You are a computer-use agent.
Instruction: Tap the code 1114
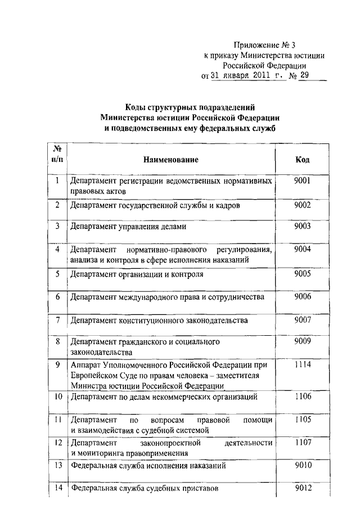point(302,364)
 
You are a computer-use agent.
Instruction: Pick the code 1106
point(302,397)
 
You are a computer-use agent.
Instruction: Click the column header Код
point(302,160)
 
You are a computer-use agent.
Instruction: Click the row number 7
point(57,320)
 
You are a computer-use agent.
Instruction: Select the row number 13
point(57,465)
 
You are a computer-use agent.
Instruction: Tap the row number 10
point(57,397)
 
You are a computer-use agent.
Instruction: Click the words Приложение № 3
point(264,44)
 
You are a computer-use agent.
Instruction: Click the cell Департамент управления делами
point(128,227)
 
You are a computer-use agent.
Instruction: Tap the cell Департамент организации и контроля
point(137,275)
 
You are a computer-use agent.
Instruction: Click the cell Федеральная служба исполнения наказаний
point(148,466)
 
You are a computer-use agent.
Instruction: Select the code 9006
point(302,296)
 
